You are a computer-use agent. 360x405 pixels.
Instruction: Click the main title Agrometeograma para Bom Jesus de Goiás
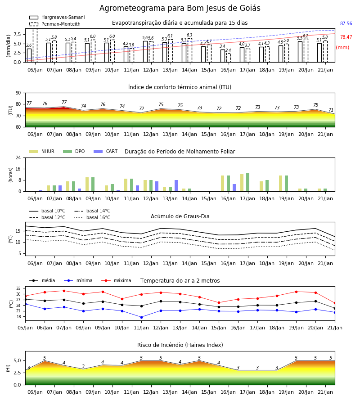180,8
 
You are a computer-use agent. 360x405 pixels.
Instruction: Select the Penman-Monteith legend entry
55,24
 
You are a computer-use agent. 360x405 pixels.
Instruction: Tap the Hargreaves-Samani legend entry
57,17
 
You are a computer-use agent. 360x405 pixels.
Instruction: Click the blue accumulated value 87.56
346,23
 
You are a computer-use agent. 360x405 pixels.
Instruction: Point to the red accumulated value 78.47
346,37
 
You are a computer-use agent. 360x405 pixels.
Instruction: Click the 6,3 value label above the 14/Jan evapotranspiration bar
189,35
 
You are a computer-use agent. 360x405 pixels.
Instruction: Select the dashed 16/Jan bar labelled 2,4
229,58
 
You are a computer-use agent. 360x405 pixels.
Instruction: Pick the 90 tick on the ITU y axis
18,93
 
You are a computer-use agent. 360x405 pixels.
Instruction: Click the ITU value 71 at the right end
331,110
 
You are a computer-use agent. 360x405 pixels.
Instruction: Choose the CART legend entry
106,151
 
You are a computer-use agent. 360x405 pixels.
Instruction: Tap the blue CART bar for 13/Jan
176,186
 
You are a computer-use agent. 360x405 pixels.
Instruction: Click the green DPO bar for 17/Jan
247,182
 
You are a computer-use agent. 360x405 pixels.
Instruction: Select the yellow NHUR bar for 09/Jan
87,184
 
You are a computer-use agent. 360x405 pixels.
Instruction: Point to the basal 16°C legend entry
92,217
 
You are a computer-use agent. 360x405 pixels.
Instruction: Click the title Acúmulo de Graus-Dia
180,216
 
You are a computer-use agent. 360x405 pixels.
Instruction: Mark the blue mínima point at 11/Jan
141,317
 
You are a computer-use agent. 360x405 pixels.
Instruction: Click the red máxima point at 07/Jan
64,291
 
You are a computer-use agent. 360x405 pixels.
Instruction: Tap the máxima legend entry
117,280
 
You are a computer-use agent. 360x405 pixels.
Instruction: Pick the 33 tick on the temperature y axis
18,288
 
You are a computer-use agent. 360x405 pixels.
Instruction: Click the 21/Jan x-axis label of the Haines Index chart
325,392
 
